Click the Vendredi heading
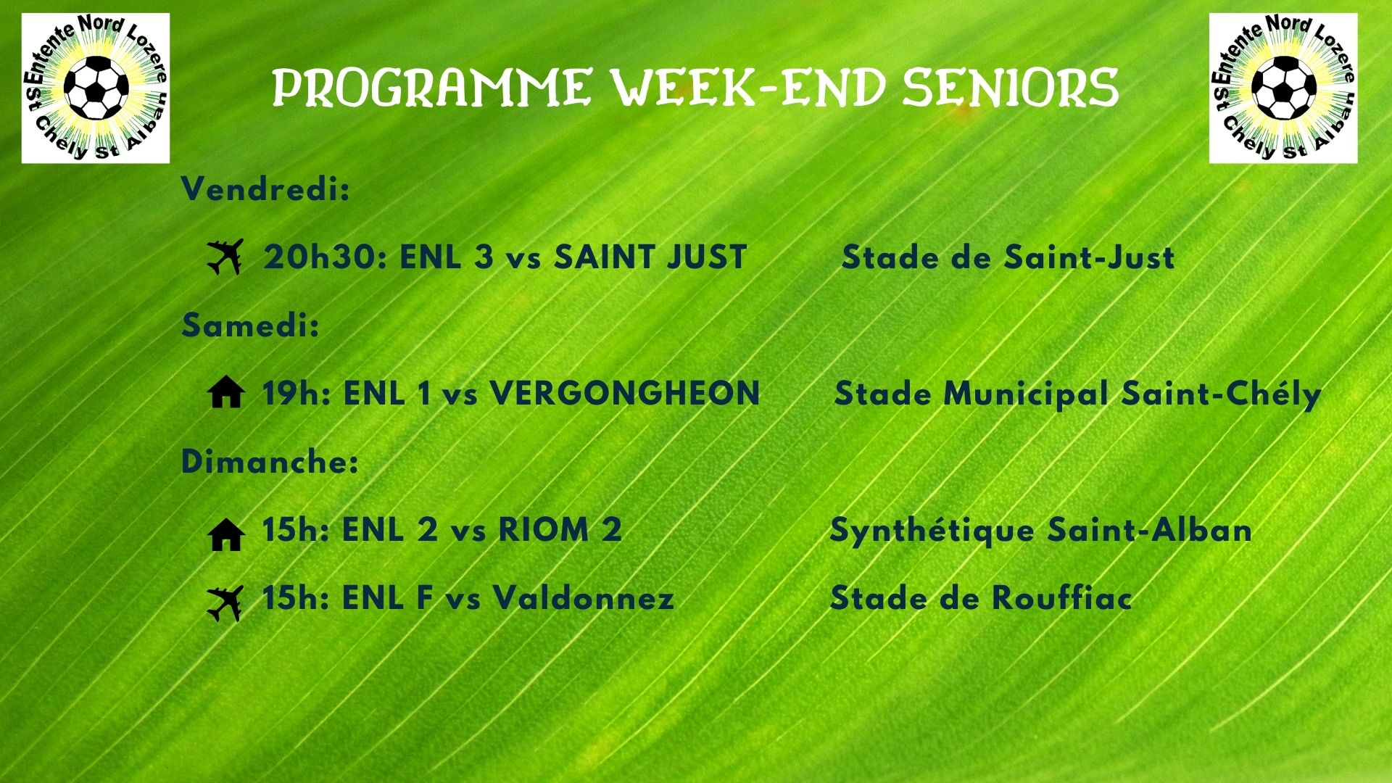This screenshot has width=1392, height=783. [265, 190]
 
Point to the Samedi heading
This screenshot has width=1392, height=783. [250, 326]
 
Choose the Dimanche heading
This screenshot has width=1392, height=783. [270, 462]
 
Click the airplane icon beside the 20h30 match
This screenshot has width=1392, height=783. [225, 257]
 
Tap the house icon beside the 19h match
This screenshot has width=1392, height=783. [225, 394]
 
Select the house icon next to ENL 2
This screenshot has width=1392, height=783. [225, 535]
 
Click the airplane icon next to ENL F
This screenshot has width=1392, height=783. [225, 603]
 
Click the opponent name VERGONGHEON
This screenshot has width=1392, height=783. [625, 394]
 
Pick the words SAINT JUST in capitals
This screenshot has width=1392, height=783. [650, 257]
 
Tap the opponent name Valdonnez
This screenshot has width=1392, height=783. [584, 599]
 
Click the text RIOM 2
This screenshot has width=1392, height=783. [560, 530]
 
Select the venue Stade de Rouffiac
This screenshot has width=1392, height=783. [980, 599]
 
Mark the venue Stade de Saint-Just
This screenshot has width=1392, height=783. [1008, 257]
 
